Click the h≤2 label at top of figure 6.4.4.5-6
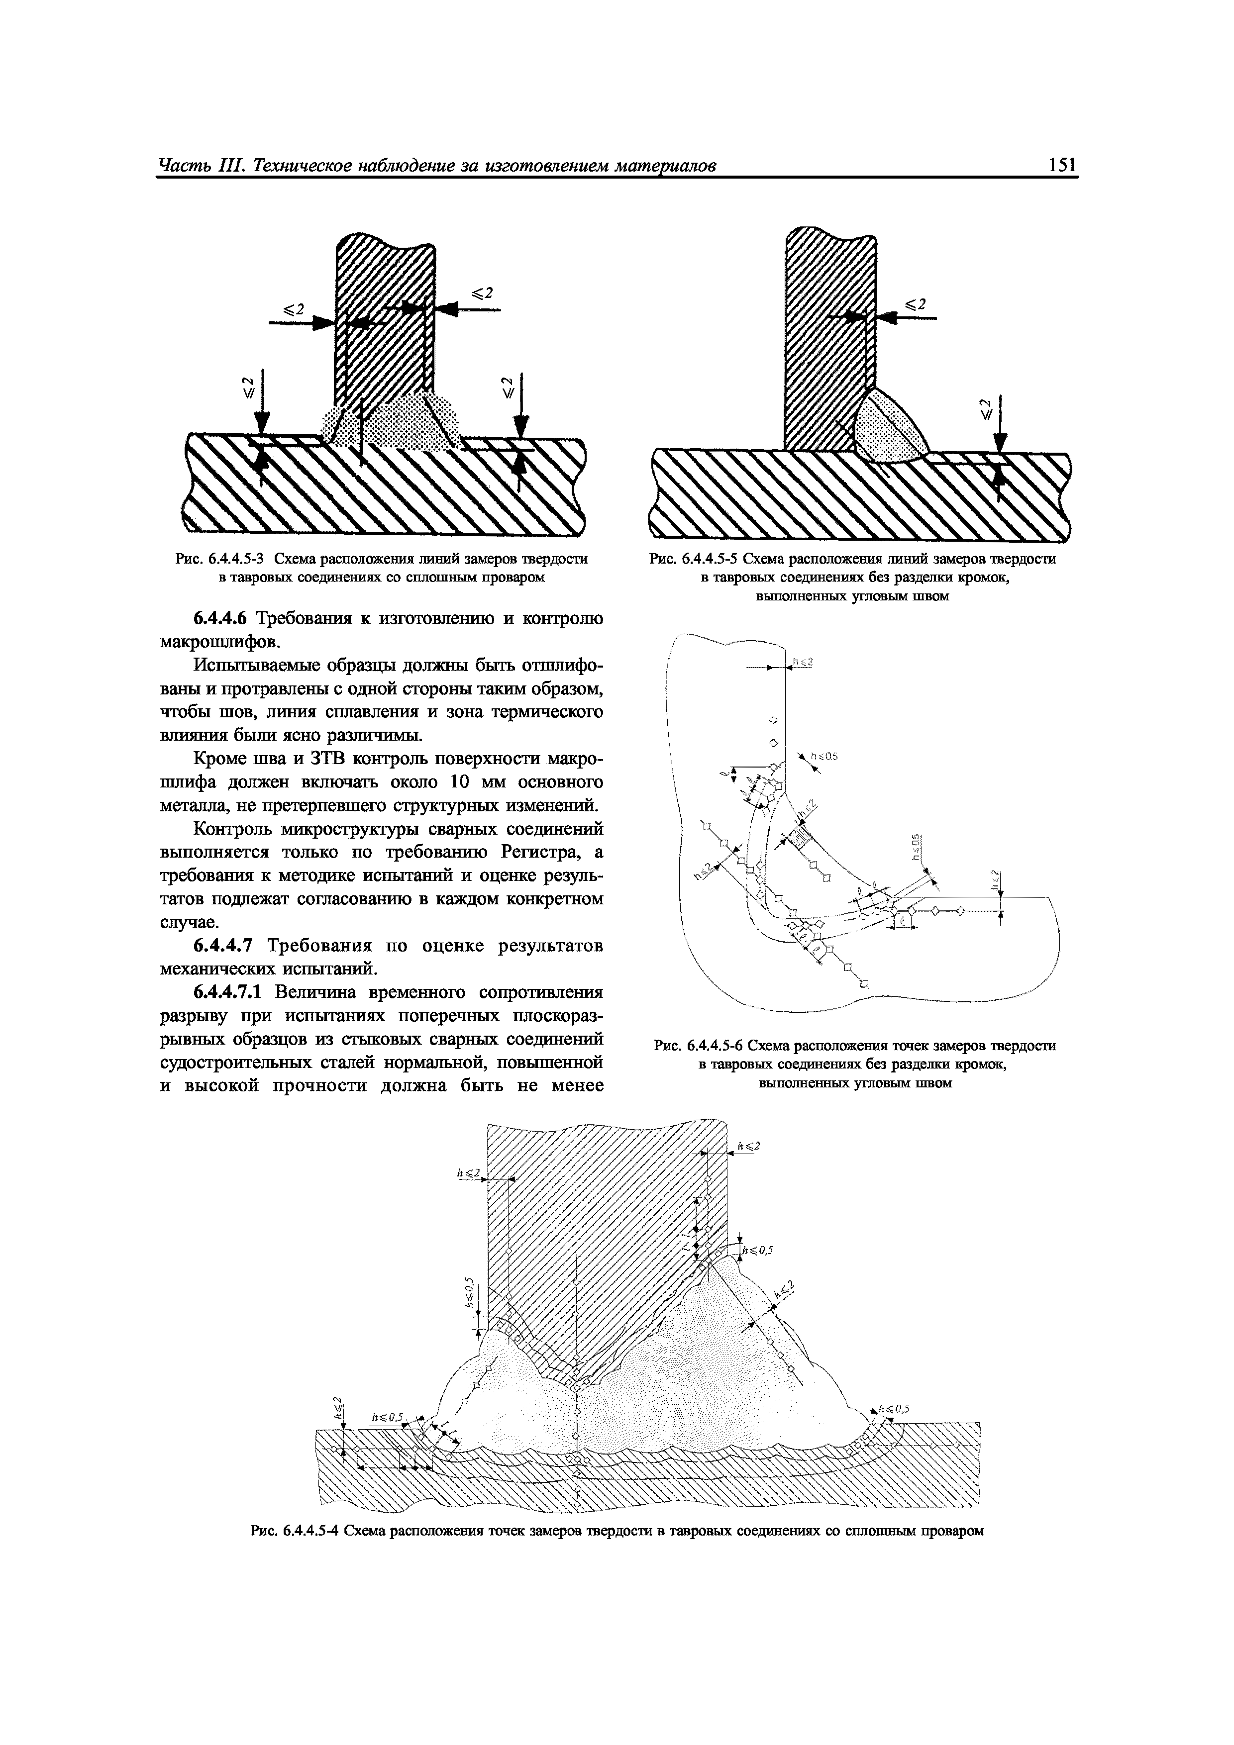(803, 662)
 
